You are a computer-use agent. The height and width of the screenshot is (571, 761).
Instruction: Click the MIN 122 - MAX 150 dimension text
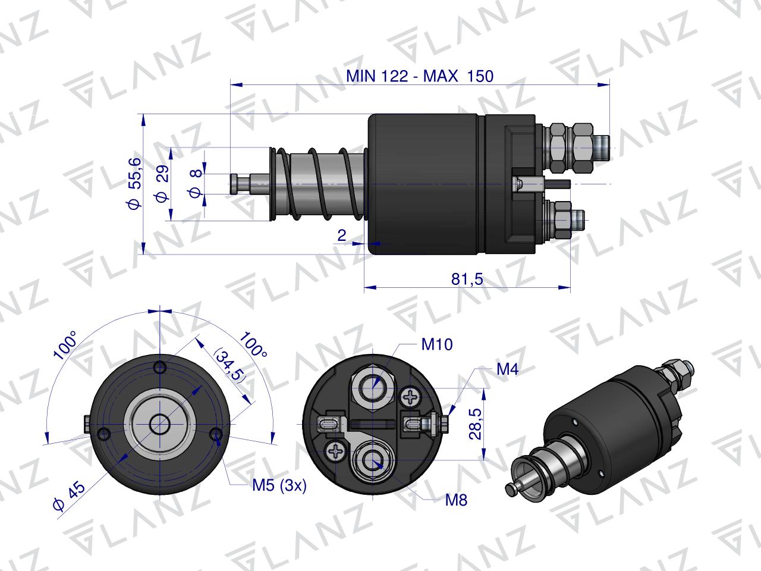(x=420, y=76)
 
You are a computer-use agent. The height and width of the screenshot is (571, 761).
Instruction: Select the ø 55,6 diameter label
(x=134, y=183)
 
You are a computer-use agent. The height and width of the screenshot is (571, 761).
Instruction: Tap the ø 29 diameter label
(x=162, y=183)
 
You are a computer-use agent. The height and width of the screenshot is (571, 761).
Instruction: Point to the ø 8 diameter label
(x=196, y=183)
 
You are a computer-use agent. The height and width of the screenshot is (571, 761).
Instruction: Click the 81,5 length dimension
(x=467, y=279)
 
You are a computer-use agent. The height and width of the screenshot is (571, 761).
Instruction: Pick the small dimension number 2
(x=341, y=236)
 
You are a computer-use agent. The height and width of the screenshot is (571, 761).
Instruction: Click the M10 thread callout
(x=437, y=344)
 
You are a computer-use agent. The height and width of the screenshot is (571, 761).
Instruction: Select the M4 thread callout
(x=508, y=369)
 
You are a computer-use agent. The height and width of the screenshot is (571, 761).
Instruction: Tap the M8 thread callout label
(x=456, y=500)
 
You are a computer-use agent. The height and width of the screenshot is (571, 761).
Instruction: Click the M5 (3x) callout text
(x=279, y=485)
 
